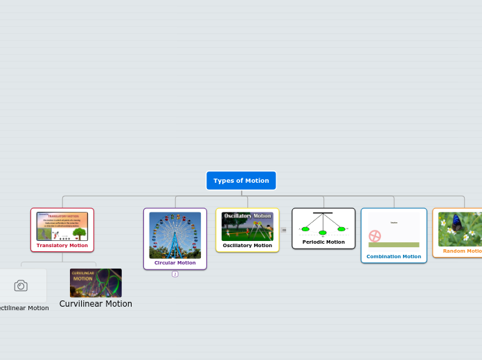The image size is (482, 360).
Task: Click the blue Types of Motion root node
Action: [241, 181]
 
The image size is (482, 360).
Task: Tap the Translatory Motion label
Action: [62, 245]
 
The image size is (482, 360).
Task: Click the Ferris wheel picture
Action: [175, 235]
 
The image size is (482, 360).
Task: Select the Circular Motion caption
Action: [175, 263]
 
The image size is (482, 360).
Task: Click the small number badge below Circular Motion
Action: [175, 274]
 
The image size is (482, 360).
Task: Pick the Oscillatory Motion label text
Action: [247, 245]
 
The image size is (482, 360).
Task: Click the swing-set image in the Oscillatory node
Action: [247, 226]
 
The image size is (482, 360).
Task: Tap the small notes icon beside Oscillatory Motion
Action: [284, 230]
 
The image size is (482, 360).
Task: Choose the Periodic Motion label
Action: [323, 242]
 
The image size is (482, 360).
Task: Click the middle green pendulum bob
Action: [323, 233]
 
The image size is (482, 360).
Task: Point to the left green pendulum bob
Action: [305, 228]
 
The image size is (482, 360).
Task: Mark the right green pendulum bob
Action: [341, 228]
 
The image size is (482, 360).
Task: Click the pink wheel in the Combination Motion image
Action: [375, 236]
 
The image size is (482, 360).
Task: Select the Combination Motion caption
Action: [393, 257]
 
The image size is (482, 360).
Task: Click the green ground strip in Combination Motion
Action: [393, 244]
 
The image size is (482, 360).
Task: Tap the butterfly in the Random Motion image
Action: [456, 222]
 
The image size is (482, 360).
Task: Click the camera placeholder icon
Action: [21, 285]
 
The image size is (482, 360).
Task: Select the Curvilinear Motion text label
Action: [96, 304]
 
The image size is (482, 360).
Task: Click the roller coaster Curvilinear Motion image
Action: [96, 282]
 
